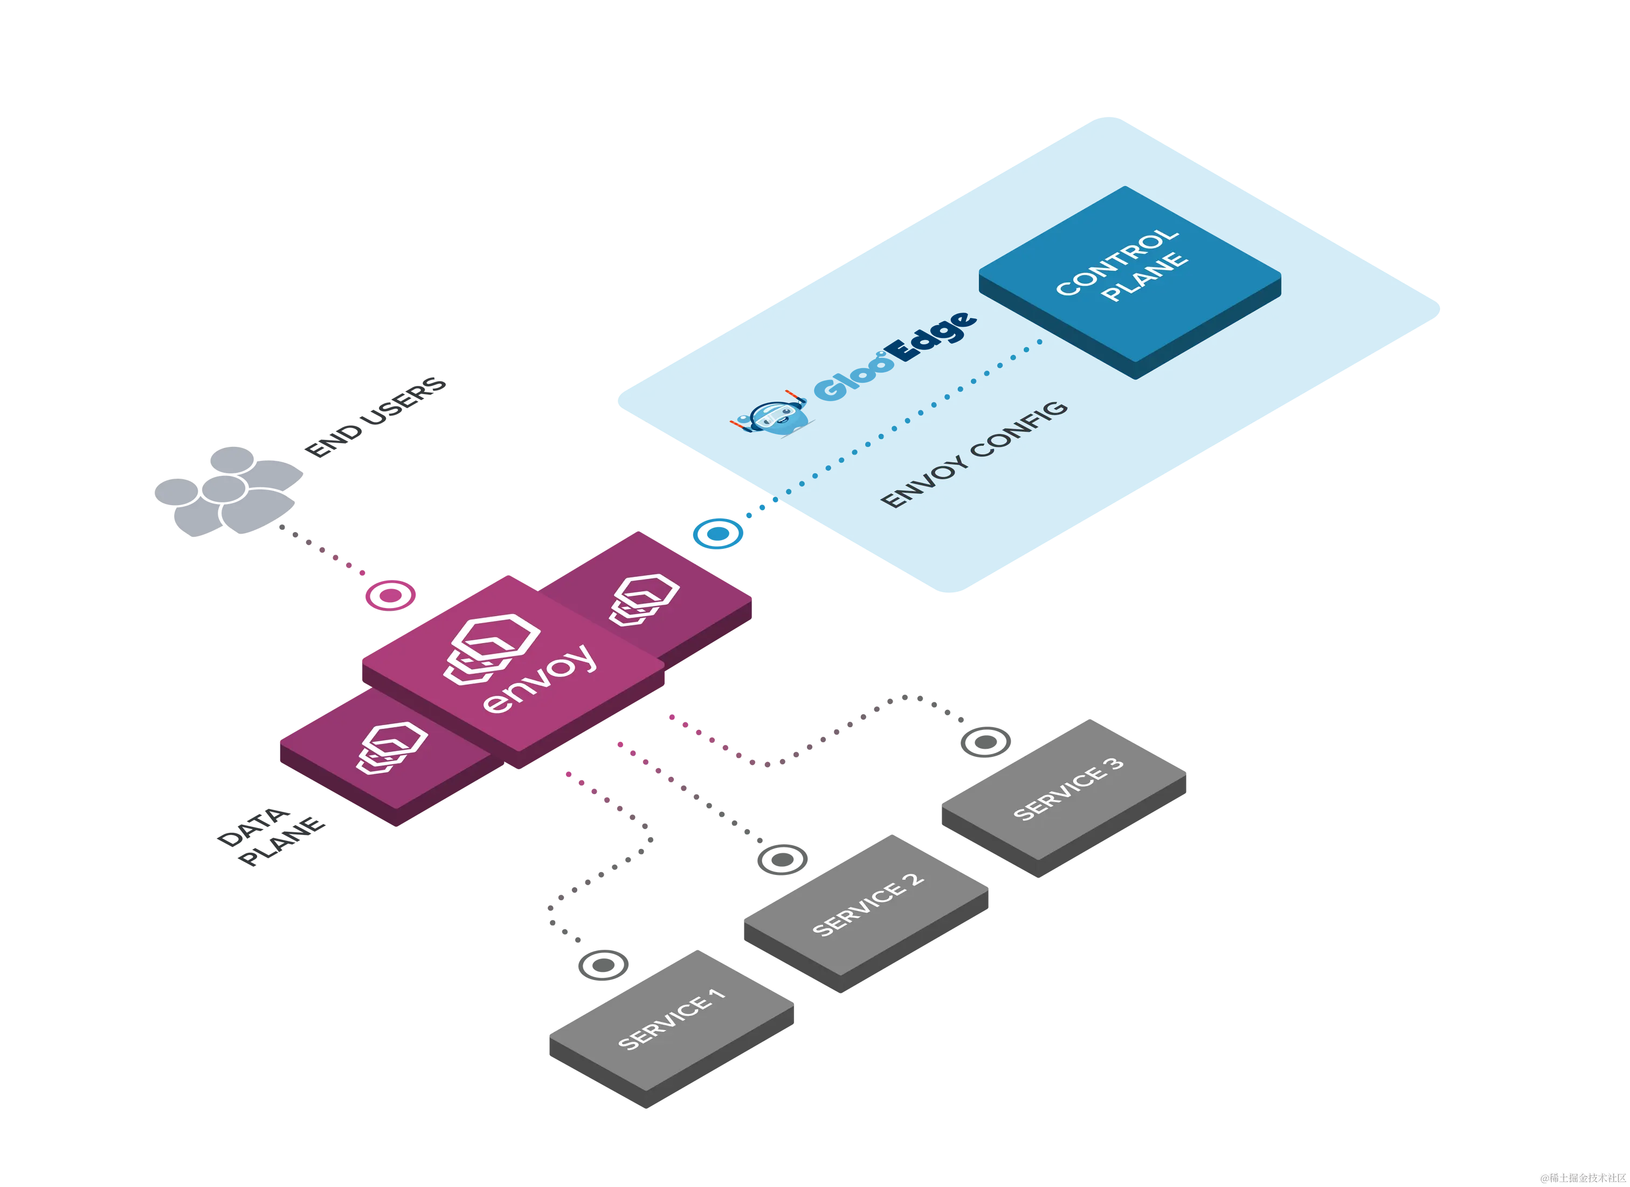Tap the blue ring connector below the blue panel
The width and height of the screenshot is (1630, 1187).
click(714, 534)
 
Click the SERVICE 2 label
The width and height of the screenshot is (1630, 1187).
click(867, 905)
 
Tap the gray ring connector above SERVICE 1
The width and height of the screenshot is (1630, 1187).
click(602, 965)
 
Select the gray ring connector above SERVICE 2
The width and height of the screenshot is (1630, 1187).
click(782, 859)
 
